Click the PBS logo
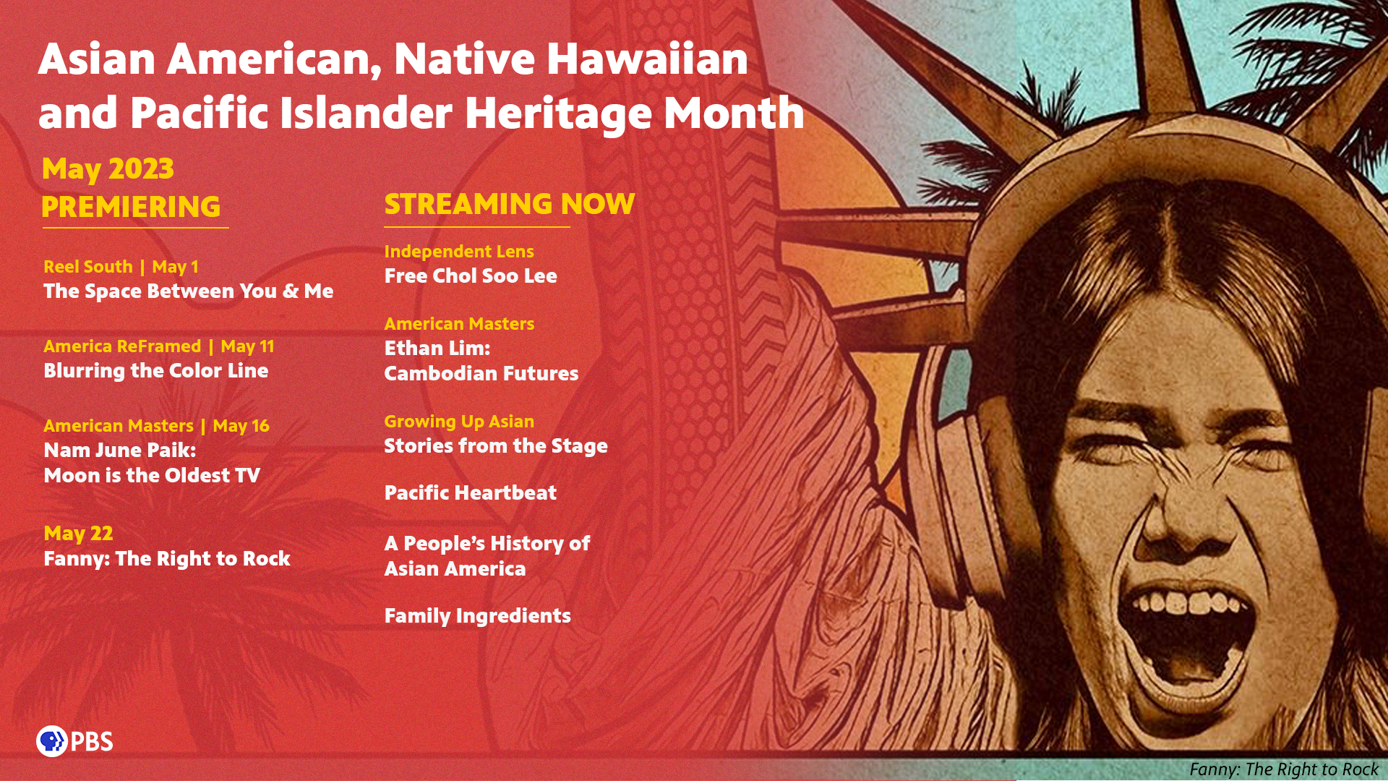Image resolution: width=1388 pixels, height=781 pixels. coord(74,741)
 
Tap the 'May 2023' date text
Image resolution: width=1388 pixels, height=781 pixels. coord(108,169)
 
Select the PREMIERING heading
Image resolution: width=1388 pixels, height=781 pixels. coord(131,207)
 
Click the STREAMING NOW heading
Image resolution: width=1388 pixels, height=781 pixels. coord(510,204)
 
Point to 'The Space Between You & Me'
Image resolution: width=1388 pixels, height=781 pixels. coord(189,291)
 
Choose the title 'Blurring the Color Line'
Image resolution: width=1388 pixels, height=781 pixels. coord(156,371)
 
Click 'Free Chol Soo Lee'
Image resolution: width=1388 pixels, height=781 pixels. coord(471,276)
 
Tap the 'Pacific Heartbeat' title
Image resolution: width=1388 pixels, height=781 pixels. coord(471,492)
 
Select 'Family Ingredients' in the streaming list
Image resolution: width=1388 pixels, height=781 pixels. coord(478,616)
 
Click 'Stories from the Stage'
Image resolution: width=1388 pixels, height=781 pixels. coord(496,446)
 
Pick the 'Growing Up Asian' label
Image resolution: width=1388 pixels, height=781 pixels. coord(459,422)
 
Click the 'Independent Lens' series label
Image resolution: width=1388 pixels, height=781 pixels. coord(459,252)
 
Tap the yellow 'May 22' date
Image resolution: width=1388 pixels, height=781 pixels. coord(78,534)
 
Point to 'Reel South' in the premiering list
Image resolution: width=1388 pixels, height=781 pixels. coord(88,267)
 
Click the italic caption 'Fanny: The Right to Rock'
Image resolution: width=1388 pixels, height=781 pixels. coord(1284,769)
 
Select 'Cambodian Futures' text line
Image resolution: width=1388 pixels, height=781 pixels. coord(481,374)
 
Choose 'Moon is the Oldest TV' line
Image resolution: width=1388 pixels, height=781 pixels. coord(152,475)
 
